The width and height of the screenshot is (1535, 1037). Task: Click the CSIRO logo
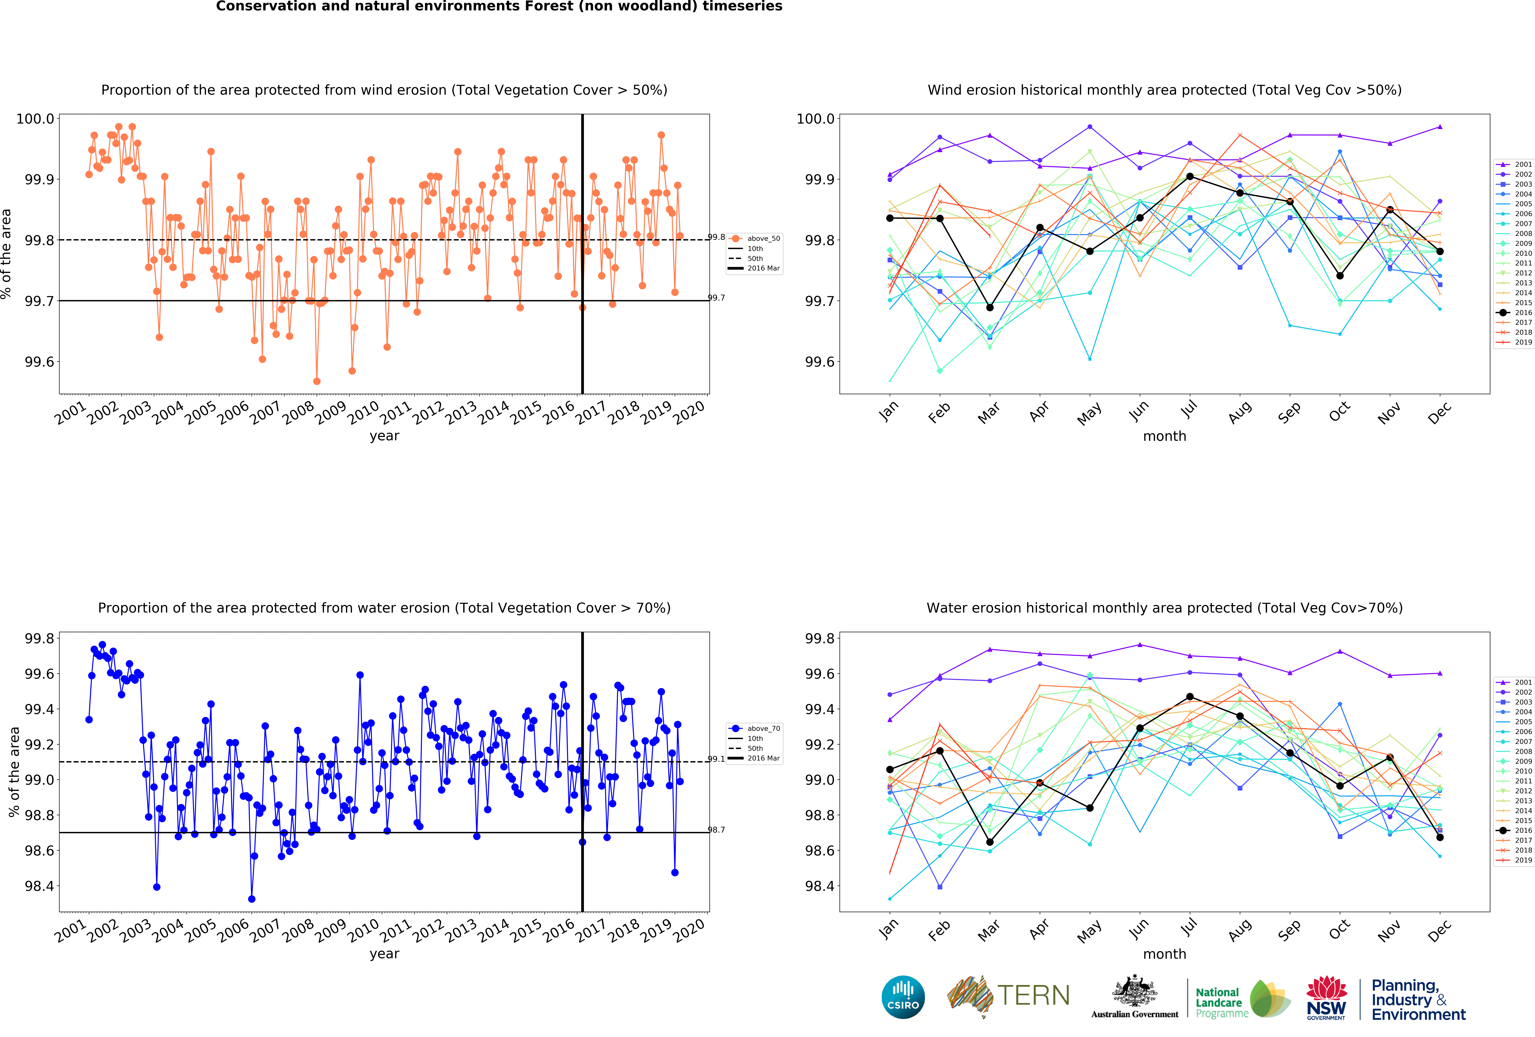pyautogui.click(x=903, y=997)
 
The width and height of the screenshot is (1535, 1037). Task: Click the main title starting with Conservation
pyautogui.click(x=499, y=7)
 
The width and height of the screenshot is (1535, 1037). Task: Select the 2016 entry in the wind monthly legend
pyautogui.click(x=1518, y=312)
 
